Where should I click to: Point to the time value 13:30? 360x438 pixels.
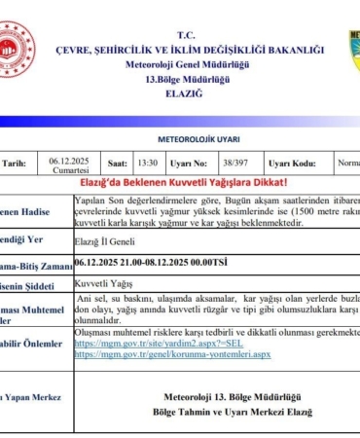[x=148, y=164]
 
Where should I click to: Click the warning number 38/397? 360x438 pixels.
[x=232, y=164]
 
